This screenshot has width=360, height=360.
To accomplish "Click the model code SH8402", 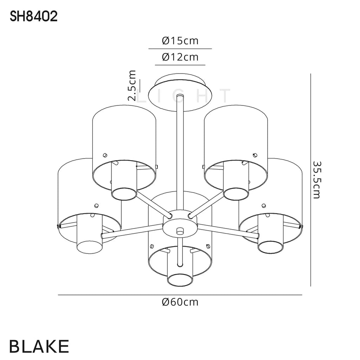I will click(34, 17).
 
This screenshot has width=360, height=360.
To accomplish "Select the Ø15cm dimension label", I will click(180, 41).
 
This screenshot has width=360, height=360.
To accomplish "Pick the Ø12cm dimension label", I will click(180, 57).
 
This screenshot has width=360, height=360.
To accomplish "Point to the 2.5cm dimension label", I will click(132, 85).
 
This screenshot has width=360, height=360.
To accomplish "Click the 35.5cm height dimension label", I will click(317, 180).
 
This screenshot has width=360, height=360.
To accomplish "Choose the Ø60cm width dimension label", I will click(180, 302).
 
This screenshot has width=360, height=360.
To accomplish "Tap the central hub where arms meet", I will click(180, 225).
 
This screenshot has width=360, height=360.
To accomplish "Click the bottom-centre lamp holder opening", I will click(180, 279).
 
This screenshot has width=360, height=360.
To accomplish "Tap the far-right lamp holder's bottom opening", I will click(270, 247).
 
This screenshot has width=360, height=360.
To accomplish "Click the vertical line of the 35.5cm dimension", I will click(311, 180).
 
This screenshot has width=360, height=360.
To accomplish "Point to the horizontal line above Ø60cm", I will click(180, 295).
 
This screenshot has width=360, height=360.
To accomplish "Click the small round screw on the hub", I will click(181, 231).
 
